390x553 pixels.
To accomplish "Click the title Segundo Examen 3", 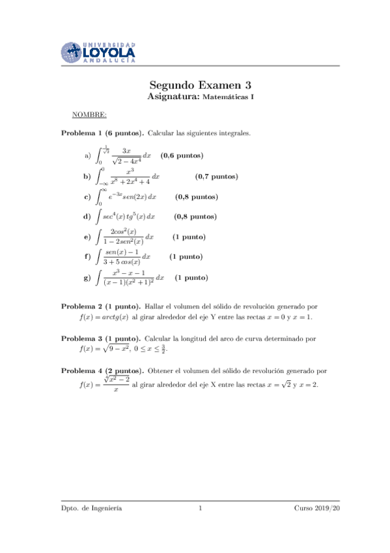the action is pos(201,85).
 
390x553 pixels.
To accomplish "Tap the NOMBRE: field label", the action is pos(89,115).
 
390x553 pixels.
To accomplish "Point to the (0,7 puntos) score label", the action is pos(216,176).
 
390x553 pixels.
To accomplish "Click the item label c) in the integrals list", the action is pos(87,196).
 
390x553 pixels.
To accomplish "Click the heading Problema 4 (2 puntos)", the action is pos(103,371).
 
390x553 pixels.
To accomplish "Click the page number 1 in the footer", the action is pos(201,508).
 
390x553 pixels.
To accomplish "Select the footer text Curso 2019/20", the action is pos(317,508).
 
